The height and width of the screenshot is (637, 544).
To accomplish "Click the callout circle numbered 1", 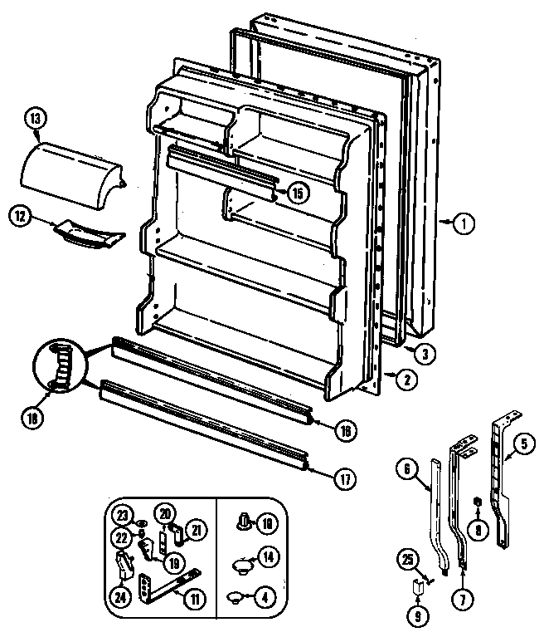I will pos(466,221).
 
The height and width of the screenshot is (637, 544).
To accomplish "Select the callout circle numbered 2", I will pos(405,381).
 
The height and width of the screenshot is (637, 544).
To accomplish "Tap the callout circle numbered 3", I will pos(424,353).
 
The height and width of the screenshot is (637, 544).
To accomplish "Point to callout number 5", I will pos(522,443).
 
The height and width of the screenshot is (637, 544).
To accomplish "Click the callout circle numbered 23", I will pos(124,512).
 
